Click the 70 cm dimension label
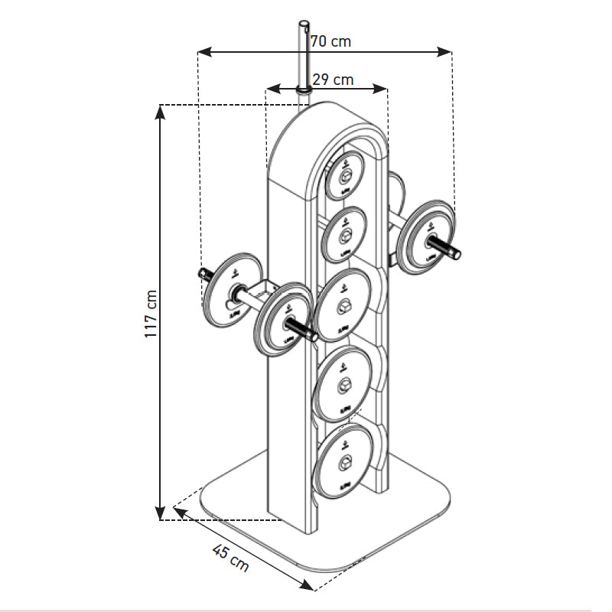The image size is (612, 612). pos(332,41)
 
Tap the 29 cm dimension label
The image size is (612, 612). pos(334,79)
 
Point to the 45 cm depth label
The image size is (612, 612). pos(230,558)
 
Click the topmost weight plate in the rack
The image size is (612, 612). pos(343,176)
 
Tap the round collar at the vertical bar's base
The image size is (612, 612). pos(304,91)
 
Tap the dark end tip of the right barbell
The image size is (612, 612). pos(456,249)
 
